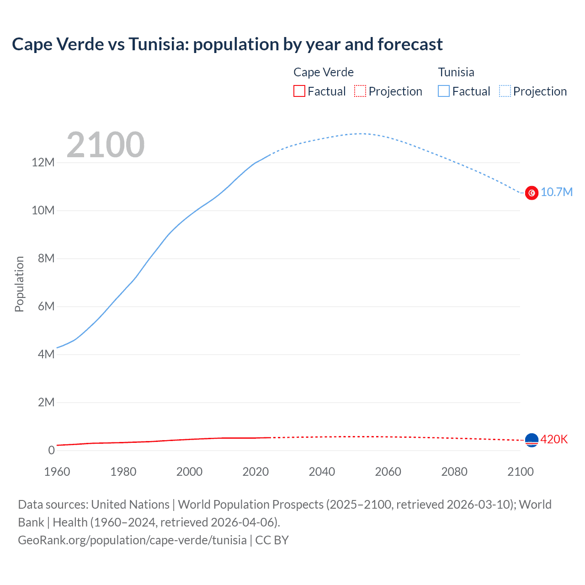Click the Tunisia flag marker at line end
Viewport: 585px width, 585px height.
(532, 193)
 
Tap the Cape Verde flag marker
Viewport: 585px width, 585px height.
(532, 440)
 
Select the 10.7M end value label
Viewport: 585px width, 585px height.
(556, 192)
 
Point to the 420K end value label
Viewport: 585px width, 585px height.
(554, 440)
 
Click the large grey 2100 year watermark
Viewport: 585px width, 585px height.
(106, 145)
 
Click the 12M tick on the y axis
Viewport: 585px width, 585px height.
(43, 163)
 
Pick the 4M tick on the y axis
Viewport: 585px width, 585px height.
(46, 354)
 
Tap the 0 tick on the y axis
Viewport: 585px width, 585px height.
(51, 450)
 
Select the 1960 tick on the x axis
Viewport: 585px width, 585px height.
(57, 472)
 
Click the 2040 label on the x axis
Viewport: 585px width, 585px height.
(322, 472)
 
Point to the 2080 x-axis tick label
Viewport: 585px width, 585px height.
(454, 472)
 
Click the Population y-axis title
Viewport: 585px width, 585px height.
(19, 284)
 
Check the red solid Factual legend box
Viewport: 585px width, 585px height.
(299, 91)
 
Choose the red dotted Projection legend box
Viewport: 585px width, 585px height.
(360, 91)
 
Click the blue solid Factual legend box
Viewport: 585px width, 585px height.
(443, 91)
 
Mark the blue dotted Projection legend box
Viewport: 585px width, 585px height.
(505, 91)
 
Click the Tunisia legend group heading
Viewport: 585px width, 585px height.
(456, 72)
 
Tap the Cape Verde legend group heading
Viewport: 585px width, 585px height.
(324, 72)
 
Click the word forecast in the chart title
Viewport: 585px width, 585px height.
(410, 44)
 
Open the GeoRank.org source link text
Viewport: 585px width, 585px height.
(132, 540)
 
